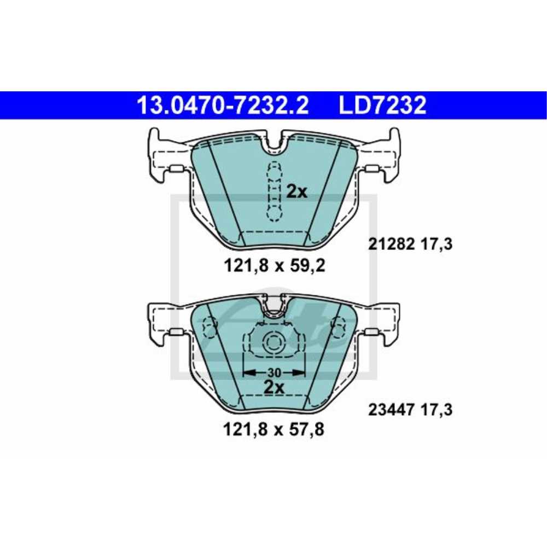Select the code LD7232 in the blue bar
[382, 105]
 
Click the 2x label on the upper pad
[298, 191]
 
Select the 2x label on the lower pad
[274, 387]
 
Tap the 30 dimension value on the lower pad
[274, 373]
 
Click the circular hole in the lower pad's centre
[273, 343]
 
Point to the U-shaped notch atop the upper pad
[273, 143]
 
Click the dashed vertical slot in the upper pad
[273, 191]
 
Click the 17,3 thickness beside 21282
[437, 245]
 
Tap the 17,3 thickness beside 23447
[437, 409]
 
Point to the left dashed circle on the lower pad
[209, 327]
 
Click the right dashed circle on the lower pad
[339, 327]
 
